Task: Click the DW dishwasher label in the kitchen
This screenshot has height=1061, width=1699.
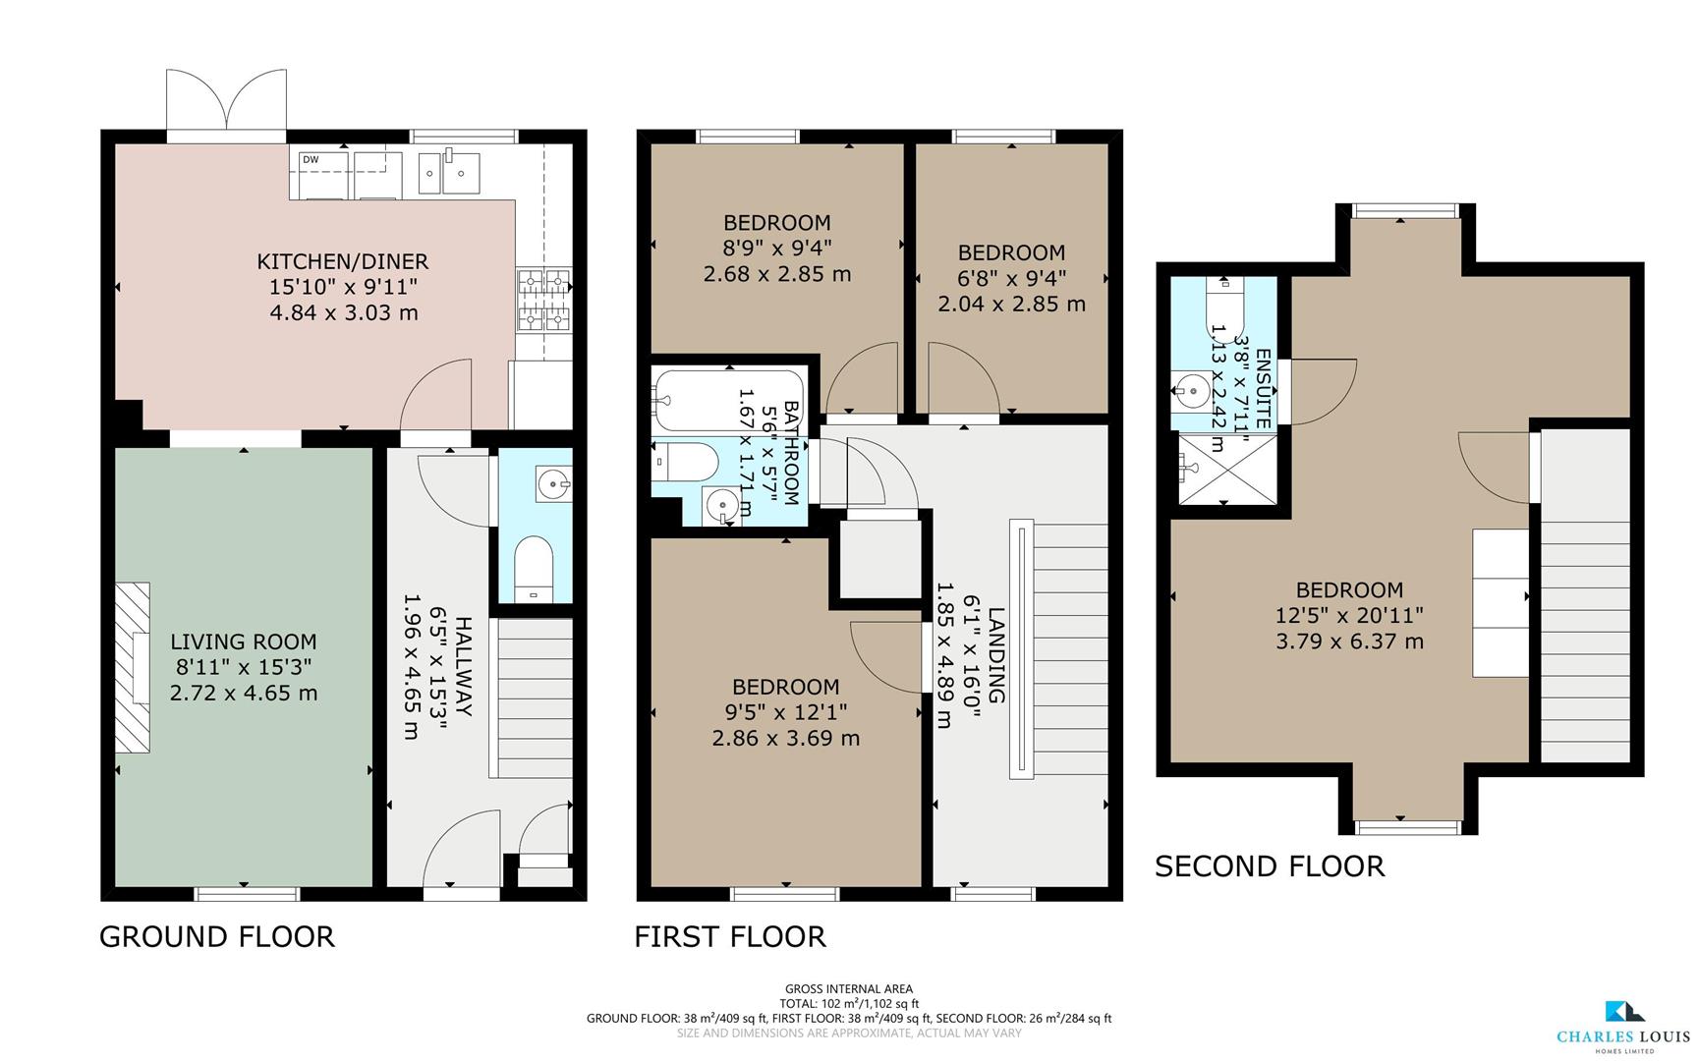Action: pos(311,159)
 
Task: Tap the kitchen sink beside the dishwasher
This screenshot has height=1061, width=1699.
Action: pos(448,173)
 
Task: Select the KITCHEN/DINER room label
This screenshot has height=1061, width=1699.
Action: pos(342,261)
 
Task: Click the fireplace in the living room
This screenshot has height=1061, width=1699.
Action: pos(133,668)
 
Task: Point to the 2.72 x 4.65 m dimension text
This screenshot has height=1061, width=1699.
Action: pos(244,693)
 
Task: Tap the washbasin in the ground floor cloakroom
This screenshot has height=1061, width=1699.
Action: pos(553,483)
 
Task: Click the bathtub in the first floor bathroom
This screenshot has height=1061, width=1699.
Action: pos(727,400)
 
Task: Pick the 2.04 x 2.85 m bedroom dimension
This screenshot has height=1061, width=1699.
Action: pos(1011,304)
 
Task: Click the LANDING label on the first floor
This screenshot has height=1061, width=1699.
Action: pos(995,654)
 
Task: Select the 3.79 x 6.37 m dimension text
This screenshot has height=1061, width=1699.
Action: pos(1349,642)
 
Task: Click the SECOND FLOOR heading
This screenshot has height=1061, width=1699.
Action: pos(1269,866)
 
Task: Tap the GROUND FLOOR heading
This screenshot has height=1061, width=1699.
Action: pos(217,936)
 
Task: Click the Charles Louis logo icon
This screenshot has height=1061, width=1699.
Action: pos(1623,1012)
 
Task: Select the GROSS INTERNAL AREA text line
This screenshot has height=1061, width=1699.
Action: pos(848,989)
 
